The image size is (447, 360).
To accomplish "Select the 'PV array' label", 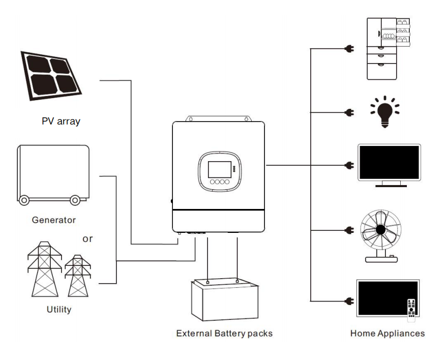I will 61,122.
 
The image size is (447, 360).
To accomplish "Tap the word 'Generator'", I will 53,220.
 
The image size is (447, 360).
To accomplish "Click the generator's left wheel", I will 24,200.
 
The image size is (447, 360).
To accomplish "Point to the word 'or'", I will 87,238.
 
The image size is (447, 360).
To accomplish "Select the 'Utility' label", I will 59,309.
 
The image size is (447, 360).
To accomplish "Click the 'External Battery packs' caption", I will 224,334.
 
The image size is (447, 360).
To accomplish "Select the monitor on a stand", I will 389,164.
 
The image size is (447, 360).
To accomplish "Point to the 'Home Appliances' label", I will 388,334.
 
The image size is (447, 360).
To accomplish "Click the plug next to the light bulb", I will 349,112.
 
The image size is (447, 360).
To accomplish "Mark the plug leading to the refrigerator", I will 349,49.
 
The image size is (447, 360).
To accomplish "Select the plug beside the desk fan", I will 349,230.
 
